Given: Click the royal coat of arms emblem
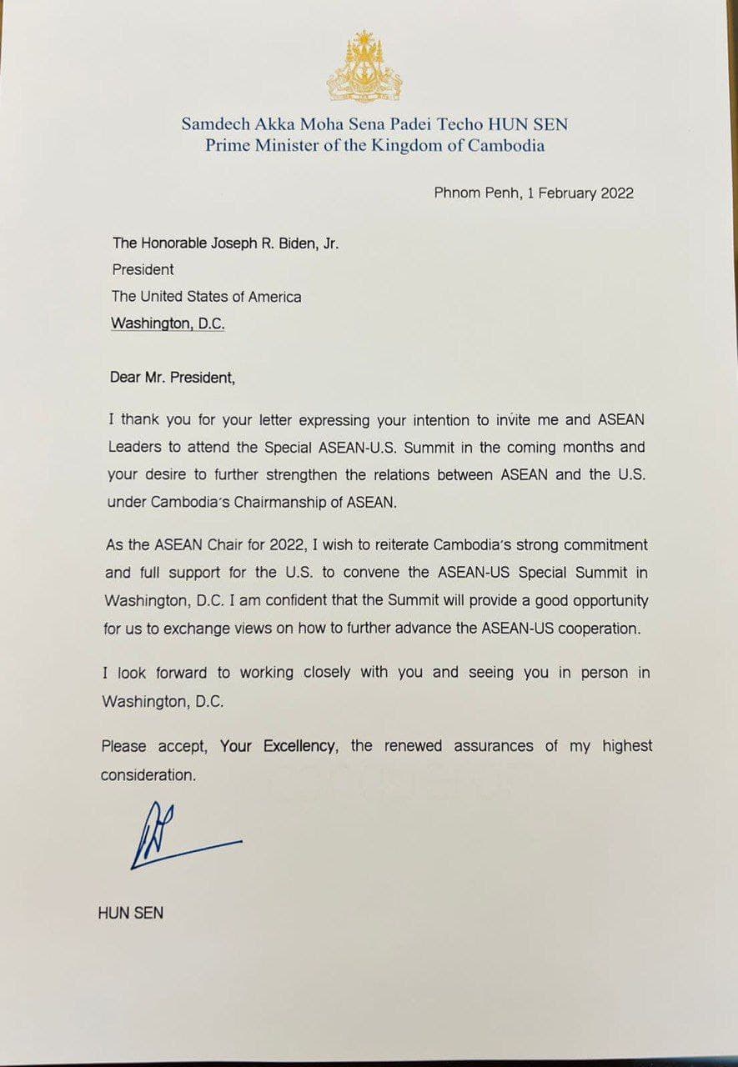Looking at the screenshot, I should coord(364,68).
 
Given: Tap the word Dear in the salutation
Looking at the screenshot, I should coord(126,378).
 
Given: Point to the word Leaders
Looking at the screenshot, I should coord(136,448).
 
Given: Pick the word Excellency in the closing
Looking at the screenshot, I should coord(299,746).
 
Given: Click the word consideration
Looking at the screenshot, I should coord(148,774).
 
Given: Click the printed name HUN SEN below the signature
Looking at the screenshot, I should coord(131,913).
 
